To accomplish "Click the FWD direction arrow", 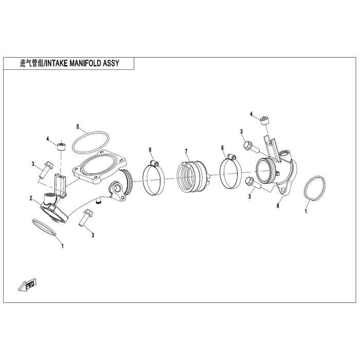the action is tap(27, 285).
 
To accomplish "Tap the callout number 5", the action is tap(78, 127).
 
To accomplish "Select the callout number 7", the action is tap(186, 151).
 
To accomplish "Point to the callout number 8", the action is tap(278, 206).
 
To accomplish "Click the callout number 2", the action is tap(31, 198).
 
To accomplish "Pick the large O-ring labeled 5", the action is tap(91, 142).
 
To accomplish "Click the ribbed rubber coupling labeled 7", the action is tap(192, 176).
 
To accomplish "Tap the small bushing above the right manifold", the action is tap(265, 120).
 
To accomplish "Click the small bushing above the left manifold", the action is tap(61, 147).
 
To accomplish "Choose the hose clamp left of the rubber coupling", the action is tap(154, 179).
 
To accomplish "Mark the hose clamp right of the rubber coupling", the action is tap(230, 173).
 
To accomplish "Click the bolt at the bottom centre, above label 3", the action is tap(86, 217).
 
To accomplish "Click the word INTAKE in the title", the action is tap(57, 63).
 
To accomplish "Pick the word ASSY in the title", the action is tap(111, 63).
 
